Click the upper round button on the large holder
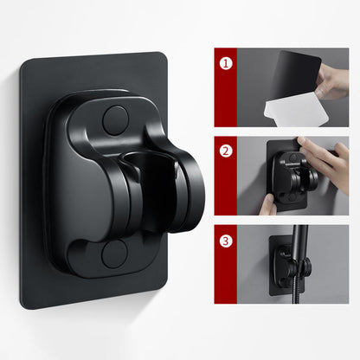[115, 119]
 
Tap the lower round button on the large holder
[114, 255]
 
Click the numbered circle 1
[226, 64]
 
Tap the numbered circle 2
[226, 150]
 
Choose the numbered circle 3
[226, 240]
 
